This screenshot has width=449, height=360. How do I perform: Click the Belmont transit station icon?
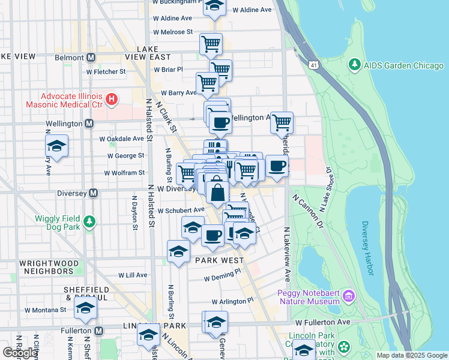click(x=91, y=58)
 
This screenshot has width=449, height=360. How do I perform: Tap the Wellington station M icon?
click(x=89, y=123)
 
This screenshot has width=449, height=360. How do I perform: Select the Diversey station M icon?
click(x=93, y=193)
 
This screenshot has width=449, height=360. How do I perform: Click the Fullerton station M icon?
click(x=99, y=331)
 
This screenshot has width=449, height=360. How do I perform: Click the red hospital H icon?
click(x=110, y=98)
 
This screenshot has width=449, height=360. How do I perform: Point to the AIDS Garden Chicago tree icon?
click(x=355, y=64)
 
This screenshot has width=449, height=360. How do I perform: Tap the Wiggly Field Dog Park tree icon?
click(x=89, y=222)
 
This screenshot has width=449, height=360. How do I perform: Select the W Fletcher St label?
click(x=106, y=71)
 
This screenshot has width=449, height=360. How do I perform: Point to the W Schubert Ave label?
click(x=181, y=211)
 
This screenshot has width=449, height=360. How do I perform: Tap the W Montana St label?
click(x=45, y=310)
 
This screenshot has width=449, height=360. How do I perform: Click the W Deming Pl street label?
click(x=221, y=278)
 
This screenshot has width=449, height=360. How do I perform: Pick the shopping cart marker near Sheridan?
click(x=282, y=122)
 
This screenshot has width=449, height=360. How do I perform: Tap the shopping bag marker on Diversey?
click(x=217, y=192)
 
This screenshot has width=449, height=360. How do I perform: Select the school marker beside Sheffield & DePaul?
click(x=85, y=308)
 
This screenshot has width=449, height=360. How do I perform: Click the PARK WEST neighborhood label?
click(x=218, y=260)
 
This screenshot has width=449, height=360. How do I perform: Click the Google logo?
click(x=20, y=353)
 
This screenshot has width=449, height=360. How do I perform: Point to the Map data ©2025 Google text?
click(x=411, y=355)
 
